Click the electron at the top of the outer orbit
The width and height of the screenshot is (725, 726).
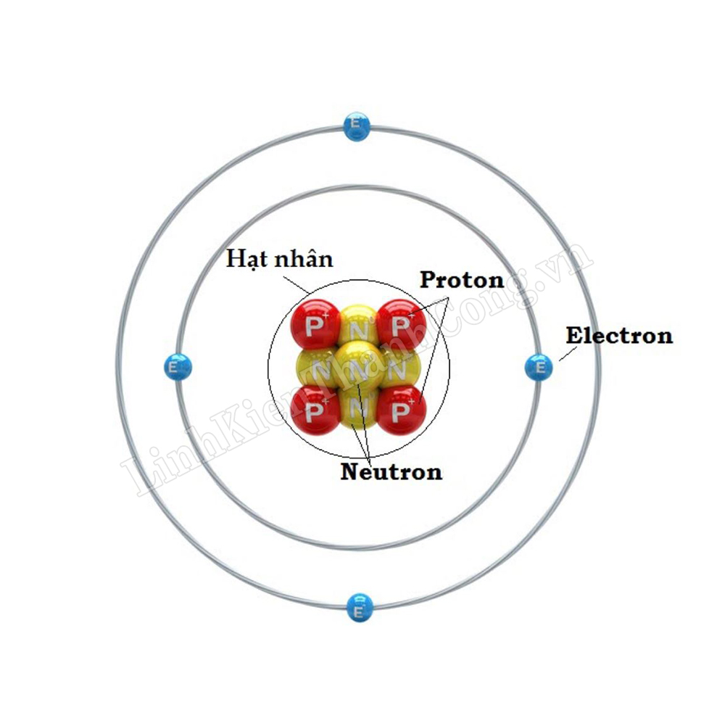point(356,127)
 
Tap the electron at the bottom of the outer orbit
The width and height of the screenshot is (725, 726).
point(358,606)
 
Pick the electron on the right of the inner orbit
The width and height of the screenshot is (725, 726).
point(539,368)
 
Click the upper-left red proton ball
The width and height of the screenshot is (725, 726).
point(315,324)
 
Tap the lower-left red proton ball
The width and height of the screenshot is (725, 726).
point(315,410)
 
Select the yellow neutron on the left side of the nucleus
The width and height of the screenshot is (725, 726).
point(313,368)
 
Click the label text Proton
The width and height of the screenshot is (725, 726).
point(462,280)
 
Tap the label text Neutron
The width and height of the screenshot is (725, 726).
point(391,472)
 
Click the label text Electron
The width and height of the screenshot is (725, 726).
point(618,336)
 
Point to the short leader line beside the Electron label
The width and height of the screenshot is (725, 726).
point(568,354)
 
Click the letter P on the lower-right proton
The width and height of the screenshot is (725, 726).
point(399,413)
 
